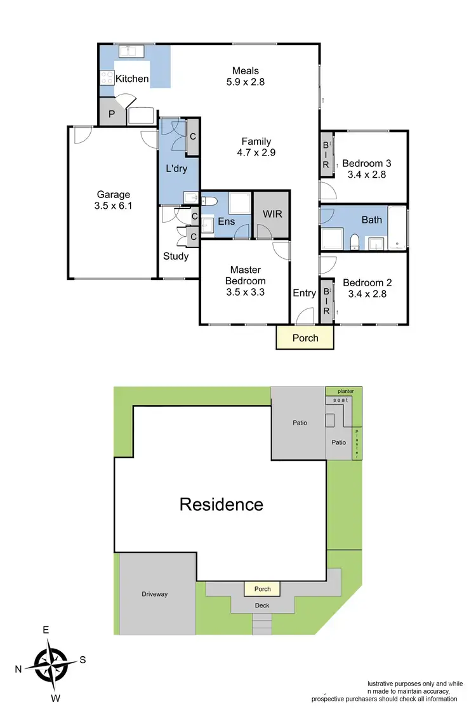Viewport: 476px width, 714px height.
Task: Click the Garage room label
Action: click(113, 195)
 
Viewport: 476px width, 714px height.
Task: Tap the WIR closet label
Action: click(272, 215)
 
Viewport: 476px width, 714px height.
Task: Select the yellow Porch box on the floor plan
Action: click(305, 338)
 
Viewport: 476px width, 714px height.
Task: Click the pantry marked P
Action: click(112, 115)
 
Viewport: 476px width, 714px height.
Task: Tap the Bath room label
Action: click(372, 220)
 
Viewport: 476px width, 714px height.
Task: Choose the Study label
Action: click(176, 256)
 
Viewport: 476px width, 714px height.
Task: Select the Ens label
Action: click(226, 221)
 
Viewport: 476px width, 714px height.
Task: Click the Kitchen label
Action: click(132, 79)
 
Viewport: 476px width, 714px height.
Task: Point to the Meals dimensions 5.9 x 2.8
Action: click(246, 81)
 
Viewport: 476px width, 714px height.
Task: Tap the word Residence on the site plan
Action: click(221, 505)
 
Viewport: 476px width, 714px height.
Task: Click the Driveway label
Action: click(154, 594)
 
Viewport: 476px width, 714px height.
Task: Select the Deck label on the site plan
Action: click(262, 605)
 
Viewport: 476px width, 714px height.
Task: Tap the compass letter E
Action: click(46, 630)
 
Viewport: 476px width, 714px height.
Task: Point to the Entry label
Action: click(304, 293)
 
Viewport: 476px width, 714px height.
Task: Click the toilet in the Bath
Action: click(354, 241)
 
